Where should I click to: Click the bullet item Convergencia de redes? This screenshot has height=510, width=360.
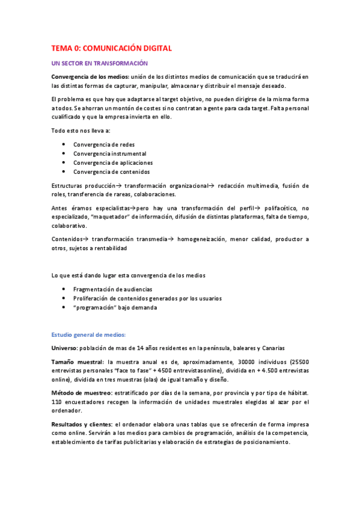click(104, 144)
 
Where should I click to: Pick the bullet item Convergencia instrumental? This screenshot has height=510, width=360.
click(109, 153)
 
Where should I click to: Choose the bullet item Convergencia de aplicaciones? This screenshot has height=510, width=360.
click(113, 162)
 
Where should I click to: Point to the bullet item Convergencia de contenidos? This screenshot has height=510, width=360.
click(111, 171)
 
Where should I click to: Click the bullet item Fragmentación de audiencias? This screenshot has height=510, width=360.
click(112, 289)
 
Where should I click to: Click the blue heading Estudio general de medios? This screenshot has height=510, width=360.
click(88, 334)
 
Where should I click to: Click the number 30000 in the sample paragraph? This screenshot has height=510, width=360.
click(242, 362)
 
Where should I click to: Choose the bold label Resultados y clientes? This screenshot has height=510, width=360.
click(82, 424)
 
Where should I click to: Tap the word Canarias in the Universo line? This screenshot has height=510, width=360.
click(272, 348)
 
